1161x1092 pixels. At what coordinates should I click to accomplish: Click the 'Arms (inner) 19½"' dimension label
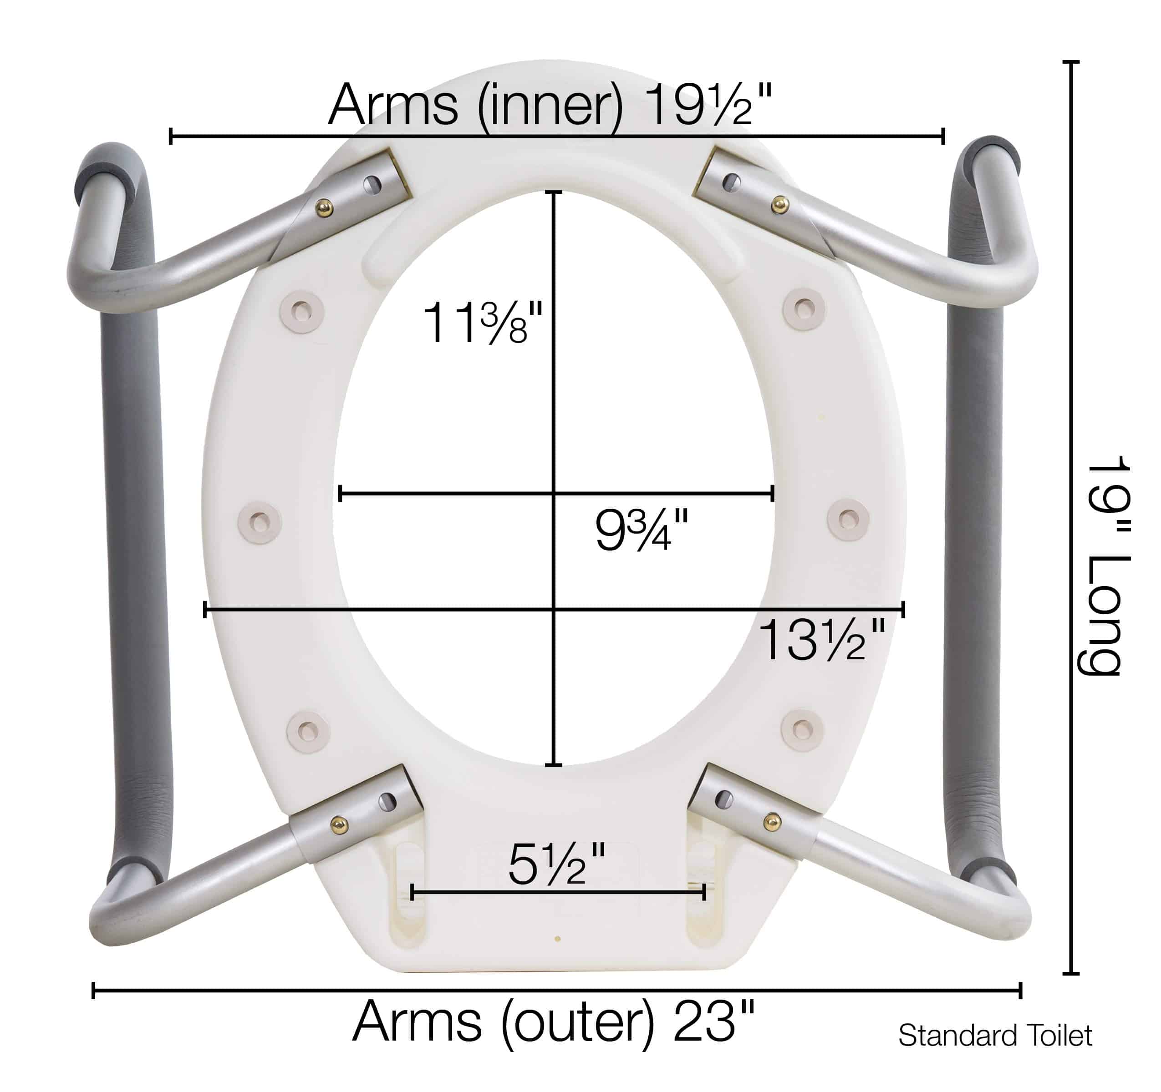(550, 106)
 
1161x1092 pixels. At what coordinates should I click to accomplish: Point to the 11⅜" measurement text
(483, 322)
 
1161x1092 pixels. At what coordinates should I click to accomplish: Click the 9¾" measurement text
(641, 529)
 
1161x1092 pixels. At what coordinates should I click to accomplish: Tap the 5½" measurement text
(556, 864)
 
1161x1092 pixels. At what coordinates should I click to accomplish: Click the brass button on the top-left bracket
(324, 207)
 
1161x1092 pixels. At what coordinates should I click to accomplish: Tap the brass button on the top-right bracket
(779, 205)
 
